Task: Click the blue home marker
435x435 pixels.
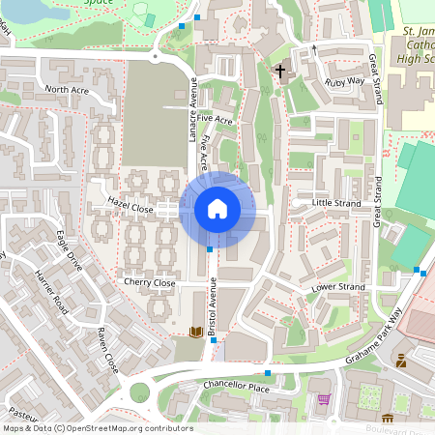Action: pyautogui.click(x=217, y=209)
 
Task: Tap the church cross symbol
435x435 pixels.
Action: pyautogui.click(x=281, y=72)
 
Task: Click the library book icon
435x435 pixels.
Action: pyautogui.click(x=196, y=333)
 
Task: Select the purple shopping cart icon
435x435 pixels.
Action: pyautogui.click(x=323, y=399)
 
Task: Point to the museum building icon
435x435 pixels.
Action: pyautogui.click(x=388, y=419)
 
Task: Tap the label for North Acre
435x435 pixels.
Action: pyautogui.click(x=67, y=89)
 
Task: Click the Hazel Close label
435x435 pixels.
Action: pyautogui.click(x=130, y=207)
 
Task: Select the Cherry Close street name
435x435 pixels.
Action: pyautogui.click(x=149, y=282)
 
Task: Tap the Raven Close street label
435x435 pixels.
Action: pyautogui.click(x=106, y=350)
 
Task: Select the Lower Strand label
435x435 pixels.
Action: pyautogui.click(x=337, y=288)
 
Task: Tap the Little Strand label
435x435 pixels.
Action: pyautogui.click(x=336, y=204)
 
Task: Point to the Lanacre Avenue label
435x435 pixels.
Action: pyautogui.click(x=191, y=110)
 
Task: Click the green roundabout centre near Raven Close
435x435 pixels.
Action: pyautogui.click(x=140, y=392)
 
